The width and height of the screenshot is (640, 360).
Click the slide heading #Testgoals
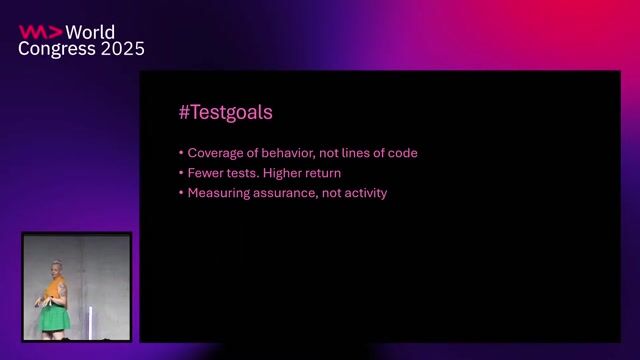point(225,113)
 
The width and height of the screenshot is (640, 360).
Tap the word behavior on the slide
point(290,153)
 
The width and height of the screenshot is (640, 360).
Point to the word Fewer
point(205,173)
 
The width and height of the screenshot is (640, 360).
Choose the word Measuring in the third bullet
point(217,193)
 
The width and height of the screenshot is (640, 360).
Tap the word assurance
point(289,193)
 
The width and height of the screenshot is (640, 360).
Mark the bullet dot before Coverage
point(181,153)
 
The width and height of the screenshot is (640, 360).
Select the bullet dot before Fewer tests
point(181,173)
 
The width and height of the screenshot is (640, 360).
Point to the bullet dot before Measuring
point(181,193)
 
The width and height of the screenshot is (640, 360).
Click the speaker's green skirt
point(54,318)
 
